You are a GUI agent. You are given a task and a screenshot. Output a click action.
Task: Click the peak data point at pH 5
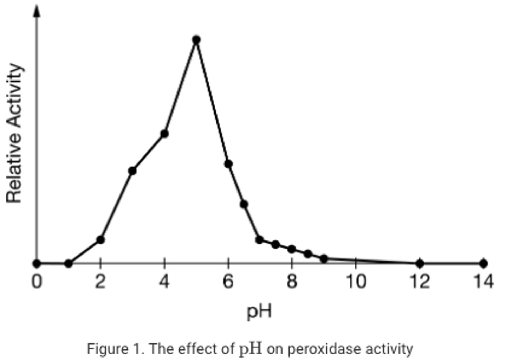(x=196, y=40)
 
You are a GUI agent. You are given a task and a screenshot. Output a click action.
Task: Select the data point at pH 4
(x=164, y=134)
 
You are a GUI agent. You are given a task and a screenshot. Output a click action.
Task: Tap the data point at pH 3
(x=132, y=171)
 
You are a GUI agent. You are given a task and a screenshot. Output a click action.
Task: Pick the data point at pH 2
(x=100, y=240)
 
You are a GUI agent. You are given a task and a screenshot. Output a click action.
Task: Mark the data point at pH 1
(x=69, y=263)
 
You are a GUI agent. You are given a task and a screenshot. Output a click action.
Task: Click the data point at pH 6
(x=228, y=163)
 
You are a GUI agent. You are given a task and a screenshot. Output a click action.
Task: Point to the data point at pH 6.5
(x=244, y=204)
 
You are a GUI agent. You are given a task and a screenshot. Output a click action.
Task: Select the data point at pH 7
(x=260, y=240)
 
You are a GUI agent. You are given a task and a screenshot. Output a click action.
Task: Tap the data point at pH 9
(x=324, y=259)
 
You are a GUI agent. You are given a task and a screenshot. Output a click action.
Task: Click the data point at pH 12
(x=420, y=263)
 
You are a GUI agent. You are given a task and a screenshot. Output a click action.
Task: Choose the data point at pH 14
(x=484, y=263)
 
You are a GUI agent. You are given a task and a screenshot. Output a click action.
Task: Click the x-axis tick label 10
(x=356, y=282)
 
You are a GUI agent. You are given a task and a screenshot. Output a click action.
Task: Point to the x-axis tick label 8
(x=292, y=282)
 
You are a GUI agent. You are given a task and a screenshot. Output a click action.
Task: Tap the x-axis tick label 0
(x=37, y=282)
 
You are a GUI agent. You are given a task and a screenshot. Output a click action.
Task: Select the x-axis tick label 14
(x=484, y=282)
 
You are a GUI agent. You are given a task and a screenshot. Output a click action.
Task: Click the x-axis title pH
(x=259, y=311)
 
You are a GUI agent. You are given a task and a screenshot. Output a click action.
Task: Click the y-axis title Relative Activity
(x=14, y=133)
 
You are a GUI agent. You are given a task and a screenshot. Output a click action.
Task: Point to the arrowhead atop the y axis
(x=37, y=11)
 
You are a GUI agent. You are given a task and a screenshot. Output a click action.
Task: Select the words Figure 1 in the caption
(x=115, y=349)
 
